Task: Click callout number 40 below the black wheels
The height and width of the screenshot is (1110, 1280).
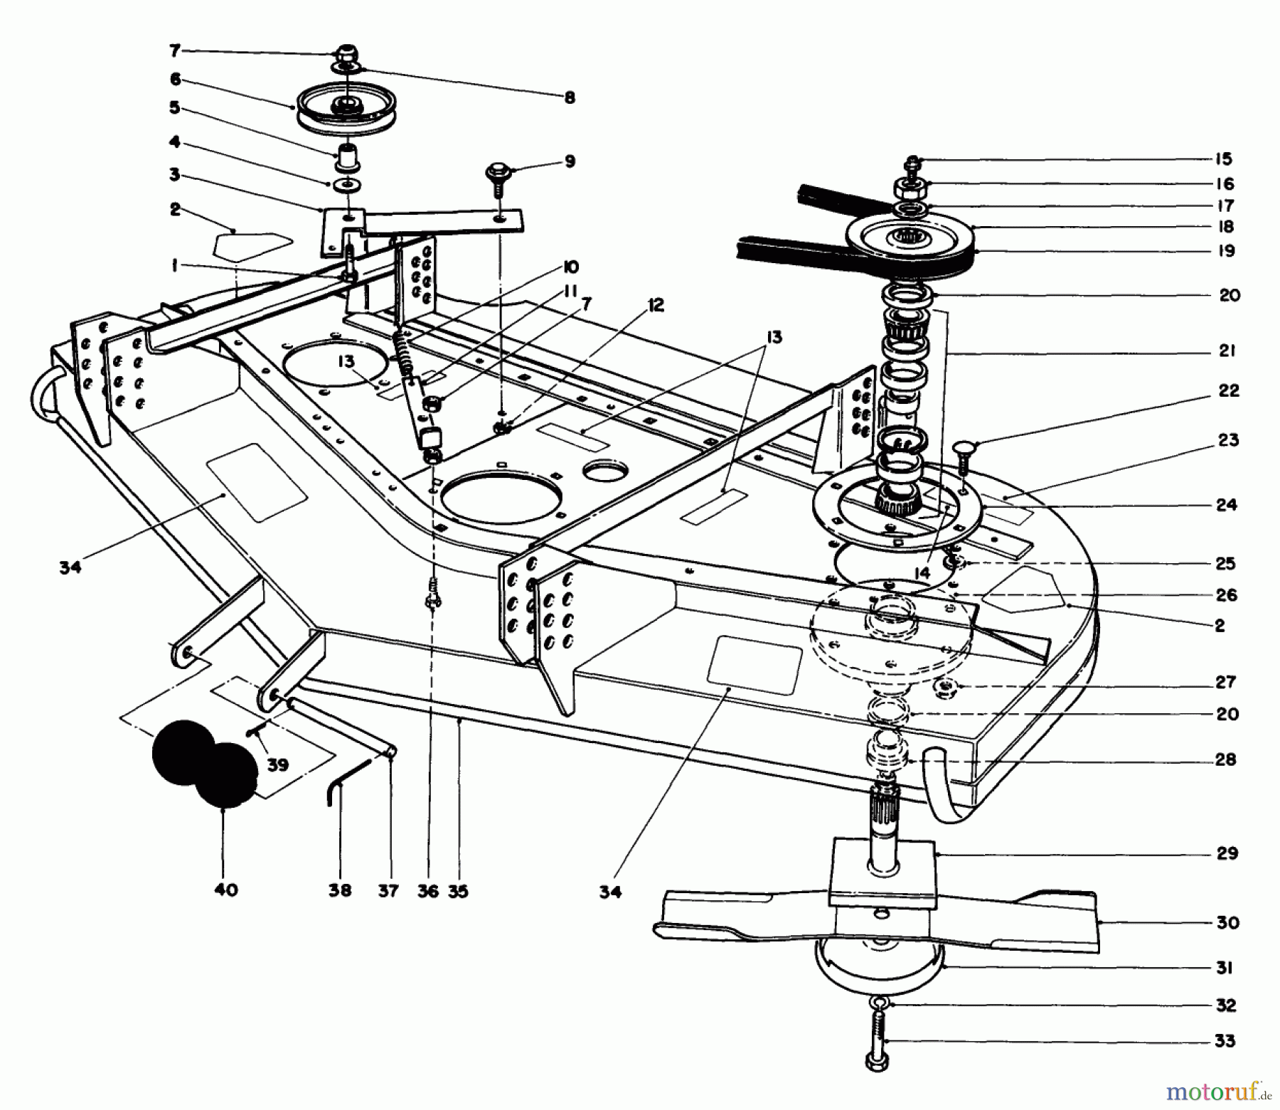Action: coord(225,890)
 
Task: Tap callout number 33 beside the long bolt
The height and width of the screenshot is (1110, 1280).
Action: coord(1225,1042)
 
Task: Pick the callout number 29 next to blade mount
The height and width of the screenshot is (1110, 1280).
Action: coord(1227,853)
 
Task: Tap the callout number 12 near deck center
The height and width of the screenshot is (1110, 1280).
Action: coord(655,306)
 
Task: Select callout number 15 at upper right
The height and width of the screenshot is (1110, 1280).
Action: coord(1223,159)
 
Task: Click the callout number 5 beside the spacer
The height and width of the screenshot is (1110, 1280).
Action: coord(174,108)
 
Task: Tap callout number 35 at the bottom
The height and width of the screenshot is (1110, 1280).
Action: coord(459,890)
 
